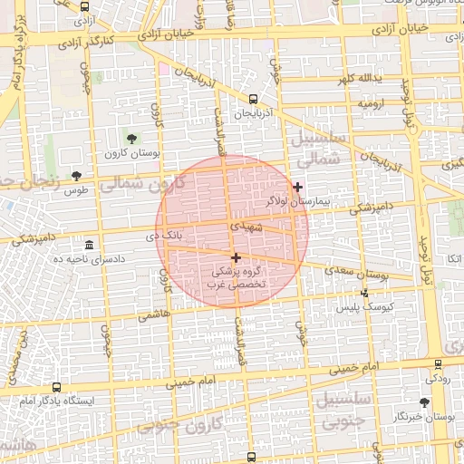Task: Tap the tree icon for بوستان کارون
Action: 132,138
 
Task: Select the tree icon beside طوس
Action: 76,176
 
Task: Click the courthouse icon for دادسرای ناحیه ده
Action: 89,246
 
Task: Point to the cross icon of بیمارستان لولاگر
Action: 297,187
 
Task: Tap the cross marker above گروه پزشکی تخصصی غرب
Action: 236,257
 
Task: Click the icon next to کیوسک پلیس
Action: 364,293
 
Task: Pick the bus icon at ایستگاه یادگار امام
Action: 57,386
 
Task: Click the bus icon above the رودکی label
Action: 439,363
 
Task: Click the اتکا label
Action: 444,259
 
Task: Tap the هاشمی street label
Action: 153,315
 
